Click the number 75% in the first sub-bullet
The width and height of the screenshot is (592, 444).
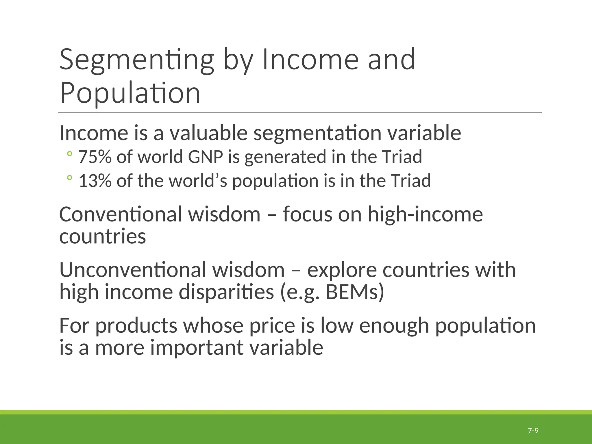pos(95,157)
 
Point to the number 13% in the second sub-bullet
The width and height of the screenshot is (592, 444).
pos(95,181)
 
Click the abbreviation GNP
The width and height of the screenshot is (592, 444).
pos(206,157)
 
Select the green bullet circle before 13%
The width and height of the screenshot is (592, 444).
pos(69,178)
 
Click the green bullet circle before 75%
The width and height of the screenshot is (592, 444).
pos(69,154)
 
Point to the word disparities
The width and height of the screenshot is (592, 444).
pos(226,293)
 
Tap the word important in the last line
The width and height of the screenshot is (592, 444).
pos(197,347)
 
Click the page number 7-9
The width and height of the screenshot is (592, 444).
pos(533,431)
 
